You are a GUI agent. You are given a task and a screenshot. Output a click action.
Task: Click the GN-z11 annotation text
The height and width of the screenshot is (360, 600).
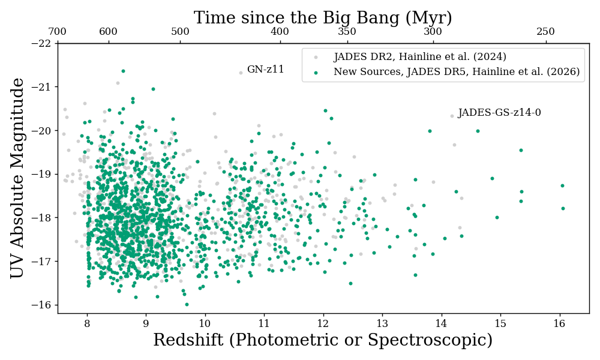click(x=265, y=70)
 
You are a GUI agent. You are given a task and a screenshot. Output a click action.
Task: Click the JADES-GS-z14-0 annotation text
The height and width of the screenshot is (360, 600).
click(x=499, y=113)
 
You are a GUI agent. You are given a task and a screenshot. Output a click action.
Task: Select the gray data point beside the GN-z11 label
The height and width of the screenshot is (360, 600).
click(x=241, y=73)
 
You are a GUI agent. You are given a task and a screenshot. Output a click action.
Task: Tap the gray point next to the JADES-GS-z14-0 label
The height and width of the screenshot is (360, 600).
click(x=452, y=116)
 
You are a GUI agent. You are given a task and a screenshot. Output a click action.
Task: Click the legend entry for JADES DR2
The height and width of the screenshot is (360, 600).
click(x=419, y=57)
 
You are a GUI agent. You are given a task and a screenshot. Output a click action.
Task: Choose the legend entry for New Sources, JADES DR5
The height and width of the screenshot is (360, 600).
click(x=456, y=72)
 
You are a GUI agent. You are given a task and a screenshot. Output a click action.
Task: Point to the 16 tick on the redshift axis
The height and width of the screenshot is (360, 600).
click(x=559, y=323)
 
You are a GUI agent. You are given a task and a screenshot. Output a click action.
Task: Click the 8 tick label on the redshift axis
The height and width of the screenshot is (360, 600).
click(x=87, y=323)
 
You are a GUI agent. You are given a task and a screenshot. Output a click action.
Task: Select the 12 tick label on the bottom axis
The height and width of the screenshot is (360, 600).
click(x=323, y=323)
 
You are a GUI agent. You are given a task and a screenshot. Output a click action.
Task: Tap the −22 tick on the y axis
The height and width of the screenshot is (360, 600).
click(x=44, y=43)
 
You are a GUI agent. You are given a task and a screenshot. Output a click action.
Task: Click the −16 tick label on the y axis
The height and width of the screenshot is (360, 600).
click(x=44, y=305)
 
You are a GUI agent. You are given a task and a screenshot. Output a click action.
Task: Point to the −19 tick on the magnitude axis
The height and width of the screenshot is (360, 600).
click(x=44, y=174)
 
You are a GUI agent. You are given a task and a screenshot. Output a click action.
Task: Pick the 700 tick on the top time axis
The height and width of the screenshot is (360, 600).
click(x=57, y=32)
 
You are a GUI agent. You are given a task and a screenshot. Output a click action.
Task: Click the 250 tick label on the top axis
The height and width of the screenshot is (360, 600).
click(x=545, y=32)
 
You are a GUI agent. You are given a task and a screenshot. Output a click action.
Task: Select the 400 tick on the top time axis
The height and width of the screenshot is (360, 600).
click(x=280, y=32)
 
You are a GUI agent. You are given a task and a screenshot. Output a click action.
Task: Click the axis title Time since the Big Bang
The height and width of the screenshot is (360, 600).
click(x=323, y=18)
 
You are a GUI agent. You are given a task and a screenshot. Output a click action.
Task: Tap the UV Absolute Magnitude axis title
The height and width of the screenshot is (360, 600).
click(x=18, y=178)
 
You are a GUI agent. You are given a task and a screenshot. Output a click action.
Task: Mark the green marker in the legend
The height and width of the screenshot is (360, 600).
click(x=316, y=72)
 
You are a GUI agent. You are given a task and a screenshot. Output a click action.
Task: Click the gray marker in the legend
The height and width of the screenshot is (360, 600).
click(x=316, y=57)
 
